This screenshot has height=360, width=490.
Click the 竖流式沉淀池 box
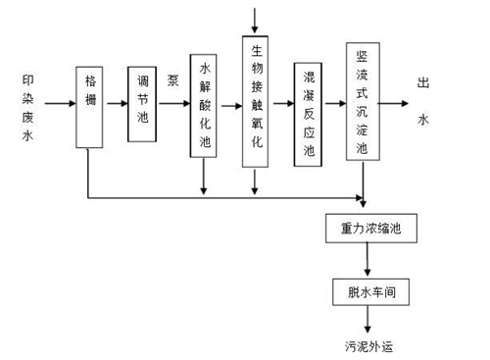362,101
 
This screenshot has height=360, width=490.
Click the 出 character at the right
423,83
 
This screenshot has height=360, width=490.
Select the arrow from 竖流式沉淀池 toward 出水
394,101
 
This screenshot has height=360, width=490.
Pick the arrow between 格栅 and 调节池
116,101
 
